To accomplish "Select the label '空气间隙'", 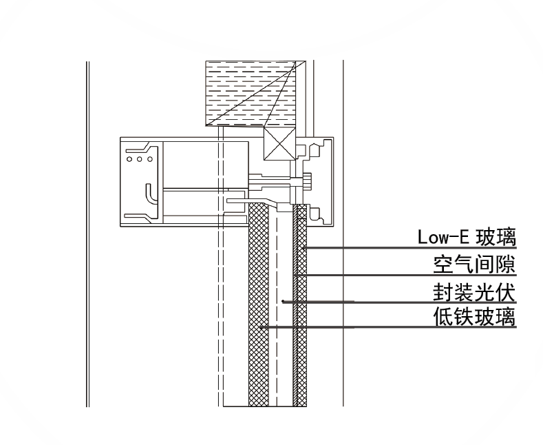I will pos(474,264).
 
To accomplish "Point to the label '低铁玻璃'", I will pos(474,318).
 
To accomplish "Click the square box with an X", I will pos(279,144).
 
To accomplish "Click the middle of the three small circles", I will pos(140,158).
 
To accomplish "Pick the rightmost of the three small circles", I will pos(149,158).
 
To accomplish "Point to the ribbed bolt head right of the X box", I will pos(308,182).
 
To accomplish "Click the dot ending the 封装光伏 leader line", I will pos(283,301).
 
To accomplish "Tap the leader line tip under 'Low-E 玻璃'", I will pos(304,247).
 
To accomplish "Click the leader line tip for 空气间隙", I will pos(295,275).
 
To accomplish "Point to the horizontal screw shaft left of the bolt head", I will pos(275,183).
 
